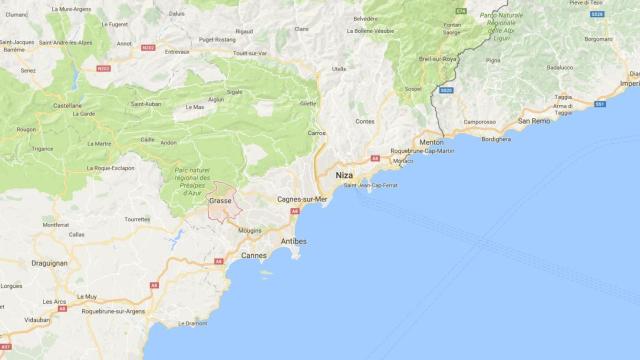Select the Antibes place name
(x=293, y=242)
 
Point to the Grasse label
(x=221, y=202)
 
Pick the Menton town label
(x=432, y=142)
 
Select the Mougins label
(x=250, y=230)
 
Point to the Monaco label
(x=402, y=161)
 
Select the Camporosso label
(x=480, y=121)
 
